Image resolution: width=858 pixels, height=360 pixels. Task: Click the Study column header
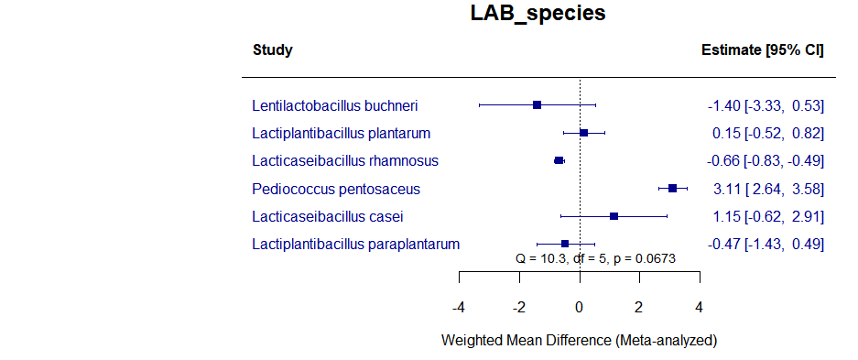pyautogui.click(x=272, y=50)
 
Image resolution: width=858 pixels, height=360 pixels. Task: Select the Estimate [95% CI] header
pyautogui.click(x=762, y=50)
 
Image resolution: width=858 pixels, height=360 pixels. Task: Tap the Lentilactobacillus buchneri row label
pyautogui.click(x=335, y=105)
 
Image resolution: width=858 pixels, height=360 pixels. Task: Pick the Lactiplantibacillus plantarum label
pyautogui.click(x=341, y=133)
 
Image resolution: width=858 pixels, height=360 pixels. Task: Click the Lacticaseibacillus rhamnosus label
pyautogui.click(x=345, y=160)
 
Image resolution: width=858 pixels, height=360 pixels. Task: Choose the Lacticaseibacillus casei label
pyautogui.click(x=327, y=216)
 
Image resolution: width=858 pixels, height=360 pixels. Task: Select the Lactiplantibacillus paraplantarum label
pyautogui.click(x=355, y=244)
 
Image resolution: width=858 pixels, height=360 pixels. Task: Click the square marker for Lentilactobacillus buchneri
pyautogui.click(x=537, y=105)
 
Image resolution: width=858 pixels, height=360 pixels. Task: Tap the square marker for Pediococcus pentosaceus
pyautogui.click(x=672, y=188)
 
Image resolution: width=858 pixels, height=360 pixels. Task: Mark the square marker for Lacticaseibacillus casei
pyautogui.click(x=614, y=216)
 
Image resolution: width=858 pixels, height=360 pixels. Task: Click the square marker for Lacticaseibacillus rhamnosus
pyautogui.click(x=559, y=160)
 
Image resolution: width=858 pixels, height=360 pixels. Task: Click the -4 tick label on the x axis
pyautogui.click(x=458, y=307)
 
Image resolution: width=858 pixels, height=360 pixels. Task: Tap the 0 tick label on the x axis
pyautogui.click(x=580, y=307)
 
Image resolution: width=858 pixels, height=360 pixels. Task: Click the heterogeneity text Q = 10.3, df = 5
pyautogui.click(x=595, y=259)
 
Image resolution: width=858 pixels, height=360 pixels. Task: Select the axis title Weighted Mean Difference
pyautogui.click(x=579, y=340)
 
